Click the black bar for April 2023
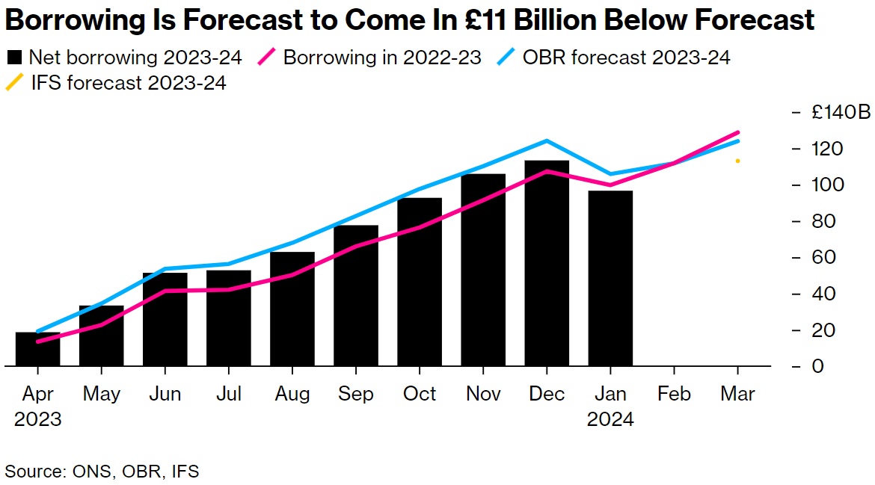[x=37, y=349]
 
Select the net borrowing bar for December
[x=547, y=263]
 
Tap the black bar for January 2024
[x=610, y=278]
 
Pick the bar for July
[x=229, y=318]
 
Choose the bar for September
[x=356, y=295]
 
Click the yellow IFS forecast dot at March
[x=737, y=161]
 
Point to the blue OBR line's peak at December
[x=547, y=140]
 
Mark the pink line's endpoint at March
[x=738, y=132]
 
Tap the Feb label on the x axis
[x=674, y=394]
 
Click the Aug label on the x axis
[x=292, y=394]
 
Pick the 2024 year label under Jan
[x=610, y=419]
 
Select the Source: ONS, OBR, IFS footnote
[x=102, y=471]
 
